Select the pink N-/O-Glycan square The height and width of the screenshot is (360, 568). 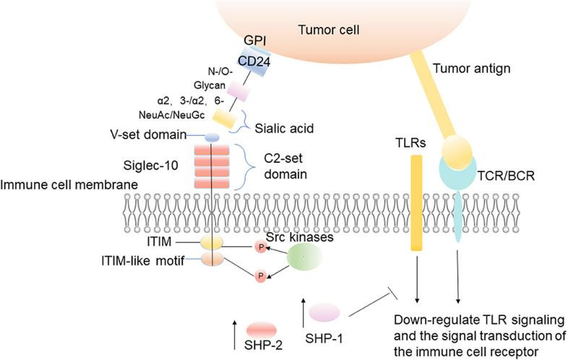[237, 91]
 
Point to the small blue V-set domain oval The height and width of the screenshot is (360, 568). [212, 137]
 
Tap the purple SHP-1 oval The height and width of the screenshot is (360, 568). [324, 312]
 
